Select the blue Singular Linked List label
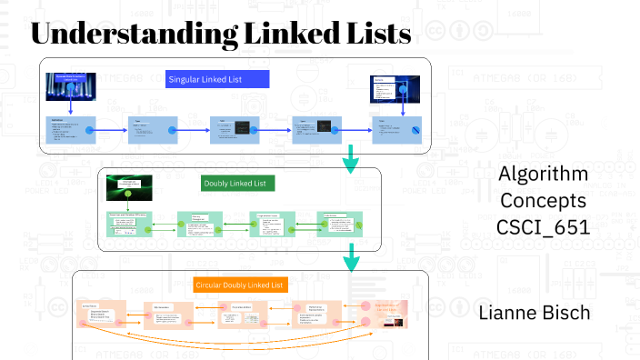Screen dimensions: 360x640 pyautogui.click(x=217, y=79)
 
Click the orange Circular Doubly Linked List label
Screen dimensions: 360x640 pyautogui.click(x=241, y=285)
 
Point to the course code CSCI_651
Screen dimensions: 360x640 pyautogui.click(x=543, y=225)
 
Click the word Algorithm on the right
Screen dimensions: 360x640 pyautogui.click(x=543, y=174)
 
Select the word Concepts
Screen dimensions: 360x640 pyautogui.click(x=543, y=199)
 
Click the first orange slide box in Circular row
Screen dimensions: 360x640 pyautogui.click(x=101, y=313)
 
